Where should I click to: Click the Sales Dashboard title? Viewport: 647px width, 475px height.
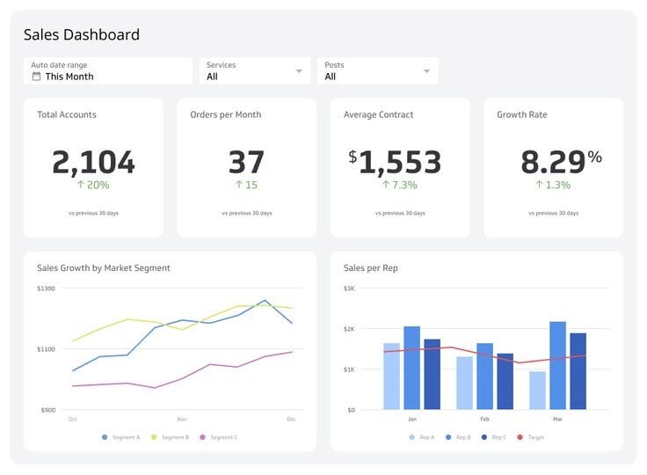pos(81,35)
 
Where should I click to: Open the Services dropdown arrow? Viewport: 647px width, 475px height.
pos(299,71)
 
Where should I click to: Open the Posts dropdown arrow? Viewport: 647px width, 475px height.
pos(426,71)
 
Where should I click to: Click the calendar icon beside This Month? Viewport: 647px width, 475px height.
pos(36,77)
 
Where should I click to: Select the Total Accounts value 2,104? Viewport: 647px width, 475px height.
pos(93,162)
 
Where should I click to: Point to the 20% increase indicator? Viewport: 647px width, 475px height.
pos(93,185)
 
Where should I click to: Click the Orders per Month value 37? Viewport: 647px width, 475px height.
pos(246,162)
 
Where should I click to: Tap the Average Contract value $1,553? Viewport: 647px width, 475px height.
pos(395,162)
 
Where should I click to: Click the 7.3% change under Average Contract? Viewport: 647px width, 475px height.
pos(399,185)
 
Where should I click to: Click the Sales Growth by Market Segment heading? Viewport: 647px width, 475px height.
pos(104,268)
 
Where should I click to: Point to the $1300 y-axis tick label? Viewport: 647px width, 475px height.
pos(46,289)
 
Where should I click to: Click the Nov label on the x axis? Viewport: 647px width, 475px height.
pos(182,420)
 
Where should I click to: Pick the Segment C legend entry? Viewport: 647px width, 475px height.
pos(219,437)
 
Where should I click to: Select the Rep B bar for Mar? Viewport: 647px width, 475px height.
pos(557,365)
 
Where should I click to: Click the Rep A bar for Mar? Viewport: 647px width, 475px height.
pos(537,391)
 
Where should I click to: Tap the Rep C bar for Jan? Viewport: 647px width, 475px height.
pos(432,375)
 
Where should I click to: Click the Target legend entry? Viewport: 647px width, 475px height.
pos(531,437)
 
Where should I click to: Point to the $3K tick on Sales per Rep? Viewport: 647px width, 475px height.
pos(349,289)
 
